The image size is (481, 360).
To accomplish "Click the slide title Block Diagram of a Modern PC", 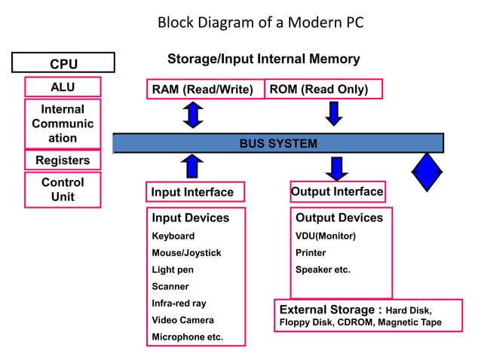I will tap(260, 23).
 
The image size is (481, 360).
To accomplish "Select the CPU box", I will tap(63, 63).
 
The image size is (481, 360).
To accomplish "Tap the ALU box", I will tap(63, 87).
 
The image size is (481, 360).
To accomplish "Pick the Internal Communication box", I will tap(63, 124).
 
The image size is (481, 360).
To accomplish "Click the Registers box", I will tap(63, 160).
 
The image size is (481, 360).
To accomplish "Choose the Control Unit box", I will tap(63, 190).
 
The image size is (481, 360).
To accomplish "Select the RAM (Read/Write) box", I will tap(202, 90).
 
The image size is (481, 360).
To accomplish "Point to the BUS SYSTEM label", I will tap(278, 143).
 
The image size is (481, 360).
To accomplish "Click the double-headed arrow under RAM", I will tap(194, 114).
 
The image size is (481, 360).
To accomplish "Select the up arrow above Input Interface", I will tap(194, 166).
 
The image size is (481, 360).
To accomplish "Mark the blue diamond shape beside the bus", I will tap(427, 172).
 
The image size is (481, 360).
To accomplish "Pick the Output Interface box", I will tap(337, 191).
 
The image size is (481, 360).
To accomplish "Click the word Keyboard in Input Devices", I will tap(173, 236).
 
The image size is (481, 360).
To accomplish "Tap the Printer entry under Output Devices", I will tap(311, 253).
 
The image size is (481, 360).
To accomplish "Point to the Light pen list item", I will tap(173, 270).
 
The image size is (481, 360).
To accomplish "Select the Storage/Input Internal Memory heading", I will tap(263, 59).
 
